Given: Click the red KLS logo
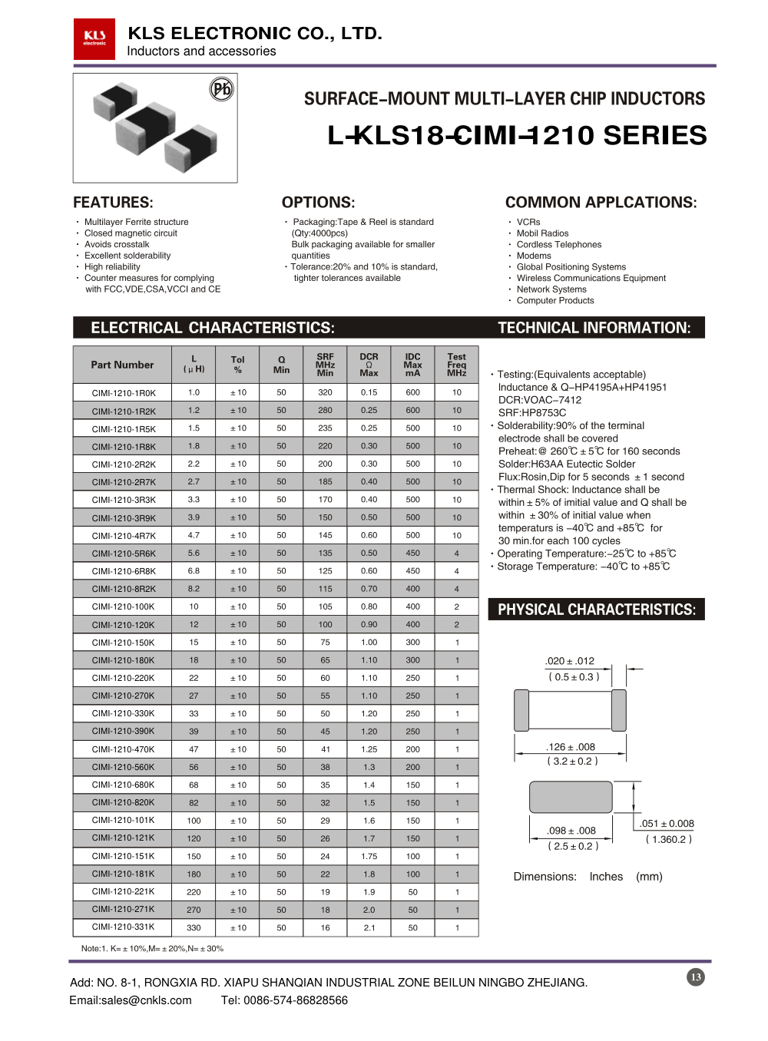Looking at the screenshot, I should click(94, 39).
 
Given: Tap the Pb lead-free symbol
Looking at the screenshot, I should click(221, 90).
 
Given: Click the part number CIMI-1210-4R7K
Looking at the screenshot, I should click(124, 536).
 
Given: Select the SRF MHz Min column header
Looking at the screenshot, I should click(326, 365).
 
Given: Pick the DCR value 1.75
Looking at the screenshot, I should click(369, 856).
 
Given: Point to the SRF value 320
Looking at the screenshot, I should click(326, 392).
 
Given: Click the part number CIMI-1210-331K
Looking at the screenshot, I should click(124, 927).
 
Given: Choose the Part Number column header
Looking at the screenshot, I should click(122, 365).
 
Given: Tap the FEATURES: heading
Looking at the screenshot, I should click(113, 203).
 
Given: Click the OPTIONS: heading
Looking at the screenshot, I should click(318, 203).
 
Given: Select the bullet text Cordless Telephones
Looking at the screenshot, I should click(559, 245).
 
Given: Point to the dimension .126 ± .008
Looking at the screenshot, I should click(571, 747).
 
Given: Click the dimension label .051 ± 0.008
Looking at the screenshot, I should click(667, 824).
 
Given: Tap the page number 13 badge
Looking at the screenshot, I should click(696, 977).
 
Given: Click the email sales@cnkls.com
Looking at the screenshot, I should click(131, 1000).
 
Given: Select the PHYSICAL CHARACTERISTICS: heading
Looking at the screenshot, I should click(597, 610).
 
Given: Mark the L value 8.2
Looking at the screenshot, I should click(194, 589).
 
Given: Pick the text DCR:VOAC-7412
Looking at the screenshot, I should click(540, 400).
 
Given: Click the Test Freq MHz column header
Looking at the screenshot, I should click(457, 365).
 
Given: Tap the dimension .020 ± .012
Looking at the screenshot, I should click(570, 661).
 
